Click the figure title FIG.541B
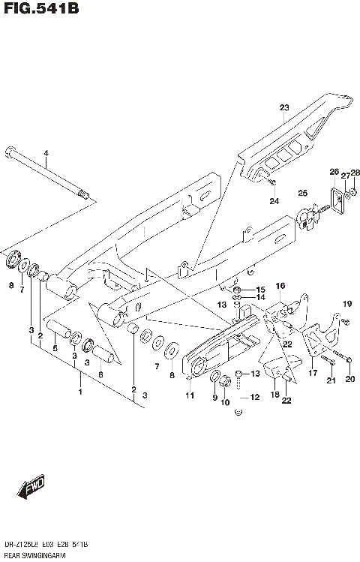(39, 8)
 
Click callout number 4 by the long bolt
(45, 154)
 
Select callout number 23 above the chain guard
(284, 108)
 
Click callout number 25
(303, 194)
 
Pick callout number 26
(334, 172)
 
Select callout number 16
(280, 285)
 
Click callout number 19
(346, 304)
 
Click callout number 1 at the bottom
(81, 391)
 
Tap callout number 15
(260, 290)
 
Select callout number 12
(254, 397)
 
